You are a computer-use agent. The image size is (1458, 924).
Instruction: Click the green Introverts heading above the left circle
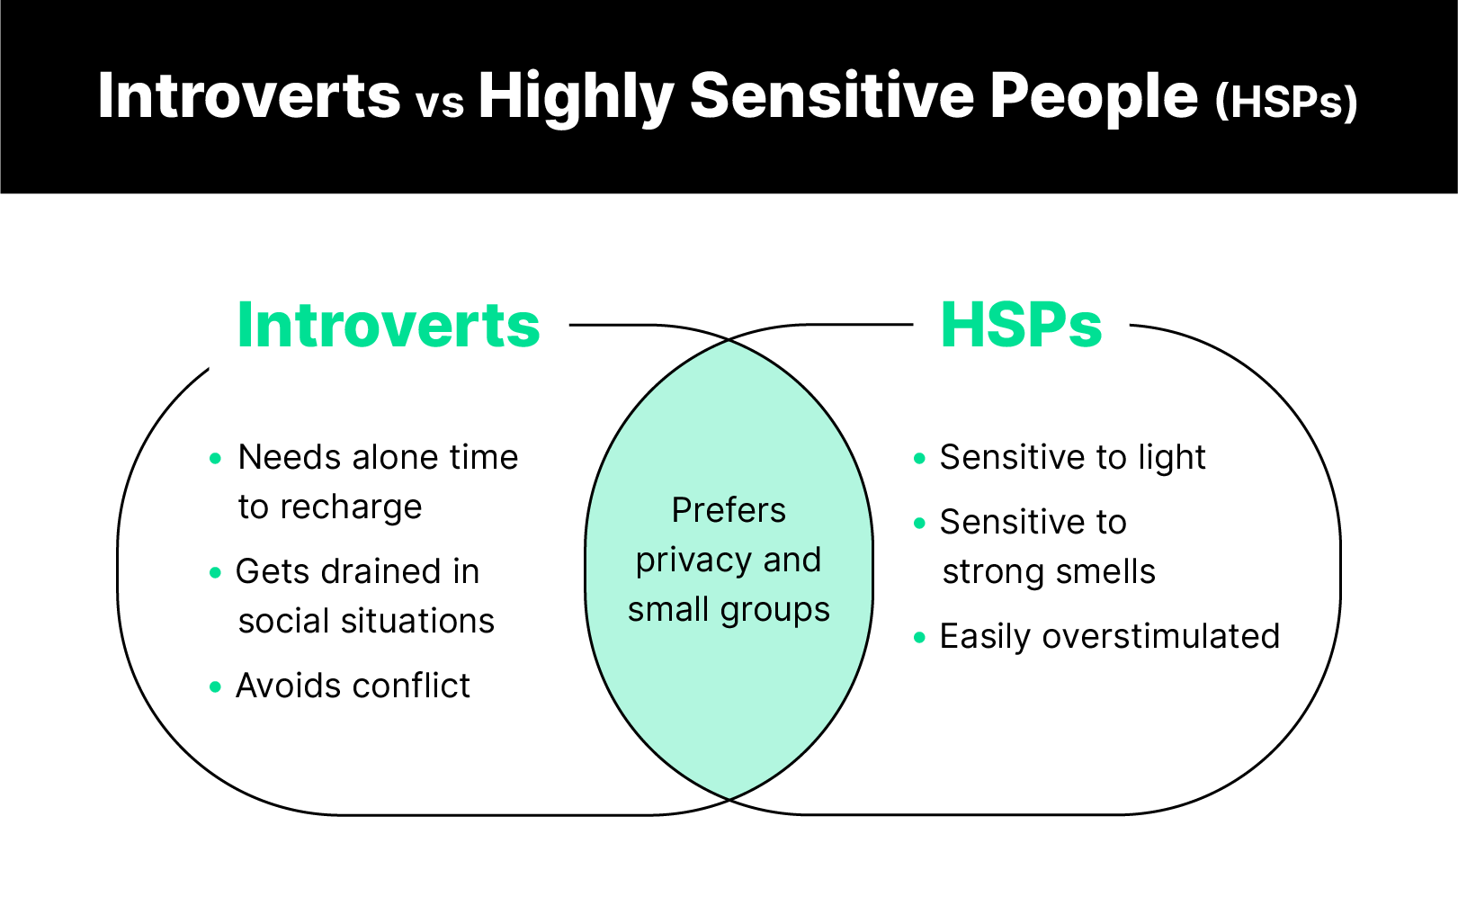389,325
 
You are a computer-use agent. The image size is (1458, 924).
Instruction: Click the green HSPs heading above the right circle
1021,325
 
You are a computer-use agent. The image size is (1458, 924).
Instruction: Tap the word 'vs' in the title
440,103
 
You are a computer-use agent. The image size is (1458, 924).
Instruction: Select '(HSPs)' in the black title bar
1285,101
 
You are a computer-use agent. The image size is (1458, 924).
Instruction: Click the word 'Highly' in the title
576,97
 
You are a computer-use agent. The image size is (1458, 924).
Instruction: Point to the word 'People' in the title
1095,95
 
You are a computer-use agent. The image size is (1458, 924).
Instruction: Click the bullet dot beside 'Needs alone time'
215,458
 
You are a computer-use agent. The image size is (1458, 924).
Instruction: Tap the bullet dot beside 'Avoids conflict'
215,686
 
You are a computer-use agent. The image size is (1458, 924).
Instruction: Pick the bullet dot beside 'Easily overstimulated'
919,638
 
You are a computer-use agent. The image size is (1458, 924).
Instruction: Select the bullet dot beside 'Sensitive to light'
919,458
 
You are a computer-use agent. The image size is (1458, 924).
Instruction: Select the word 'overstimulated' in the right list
1160,637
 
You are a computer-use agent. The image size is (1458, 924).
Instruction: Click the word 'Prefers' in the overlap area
729,510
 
